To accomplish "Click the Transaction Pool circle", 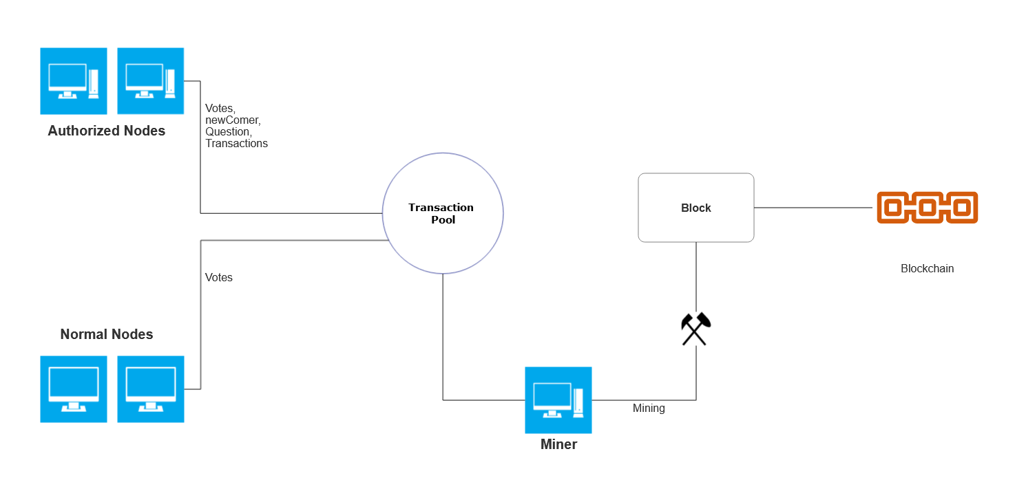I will [442, 213].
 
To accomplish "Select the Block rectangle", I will [695, 208].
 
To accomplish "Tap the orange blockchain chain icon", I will [927, 207].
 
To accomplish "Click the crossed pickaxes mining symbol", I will [695, 329].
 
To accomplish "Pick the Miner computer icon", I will [558, 400].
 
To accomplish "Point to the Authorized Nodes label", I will [107, 131].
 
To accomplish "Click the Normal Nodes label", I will [107, 334].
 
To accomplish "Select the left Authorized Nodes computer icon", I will [74, 80].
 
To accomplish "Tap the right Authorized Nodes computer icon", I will [151, 80].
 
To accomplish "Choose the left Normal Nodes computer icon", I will [74, 389].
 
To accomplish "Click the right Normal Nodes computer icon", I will [151, 389].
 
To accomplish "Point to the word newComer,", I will [233, 120].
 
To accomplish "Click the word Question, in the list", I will [229, 131].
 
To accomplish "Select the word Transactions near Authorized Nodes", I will [236, 143].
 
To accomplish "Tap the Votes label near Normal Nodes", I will [219, 277].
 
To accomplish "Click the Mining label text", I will [649, 408].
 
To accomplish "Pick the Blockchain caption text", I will [927, 268].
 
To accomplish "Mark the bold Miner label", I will [558, 444].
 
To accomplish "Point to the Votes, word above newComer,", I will [220, 109].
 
